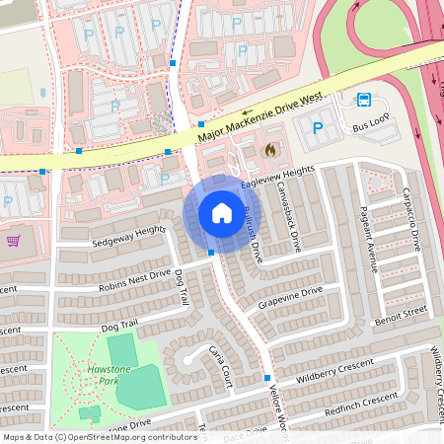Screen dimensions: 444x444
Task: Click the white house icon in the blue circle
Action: (x=221, y=213)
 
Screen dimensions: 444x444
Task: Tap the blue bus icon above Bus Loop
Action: (x=364, y=99)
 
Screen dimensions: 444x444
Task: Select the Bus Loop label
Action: (x=374, y=128)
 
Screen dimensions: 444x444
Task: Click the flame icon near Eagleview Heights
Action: (x=270, y=151)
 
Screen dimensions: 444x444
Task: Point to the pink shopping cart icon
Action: (x=14, y=240)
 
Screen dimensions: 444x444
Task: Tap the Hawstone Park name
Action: (x=102, y=373)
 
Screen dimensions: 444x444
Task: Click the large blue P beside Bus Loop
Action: (x=318, y=127)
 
